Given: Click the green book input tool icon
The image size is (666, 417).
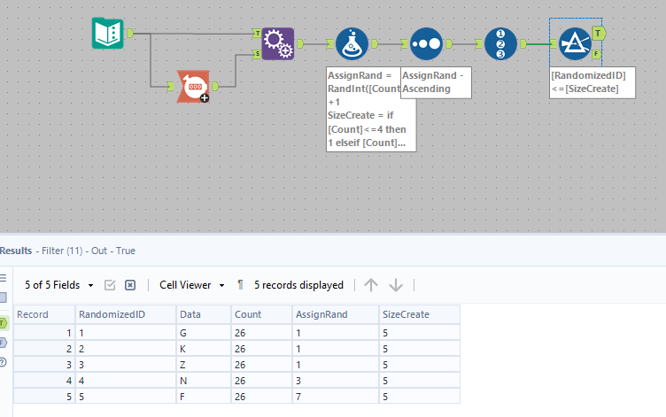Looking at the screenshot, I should coord(108,34).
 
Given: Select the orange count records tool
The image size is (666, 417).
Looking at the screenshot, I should coord(193,87).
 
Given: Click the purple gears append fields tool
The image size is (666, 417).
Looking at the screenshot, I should coord(278,42).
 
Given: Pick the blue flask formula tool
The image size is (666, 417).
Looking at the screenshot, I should coord(352,42).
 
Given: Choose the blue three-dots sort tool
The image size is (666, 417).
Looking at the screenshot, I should coord(426,42).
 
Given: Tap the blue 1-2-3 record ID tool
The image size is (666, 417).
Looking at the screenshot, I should coord(500,42).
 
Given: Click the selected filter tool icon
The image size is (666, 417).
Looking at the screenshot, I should coord(574,42).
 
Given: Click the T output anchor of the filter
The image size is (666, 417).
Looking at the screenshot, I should coord(599,33).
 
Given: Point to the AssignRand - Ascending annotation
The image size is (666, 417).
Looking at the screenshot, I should coord(436,82).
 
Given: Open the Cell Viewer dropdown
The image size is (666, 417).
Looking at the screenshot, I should coord(191,285).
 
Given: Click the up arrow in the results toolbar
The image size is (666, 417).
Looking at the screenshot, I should coord(371,285).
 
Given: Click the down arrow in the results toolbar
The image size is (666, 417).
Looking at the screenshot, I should coord(396,285).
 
